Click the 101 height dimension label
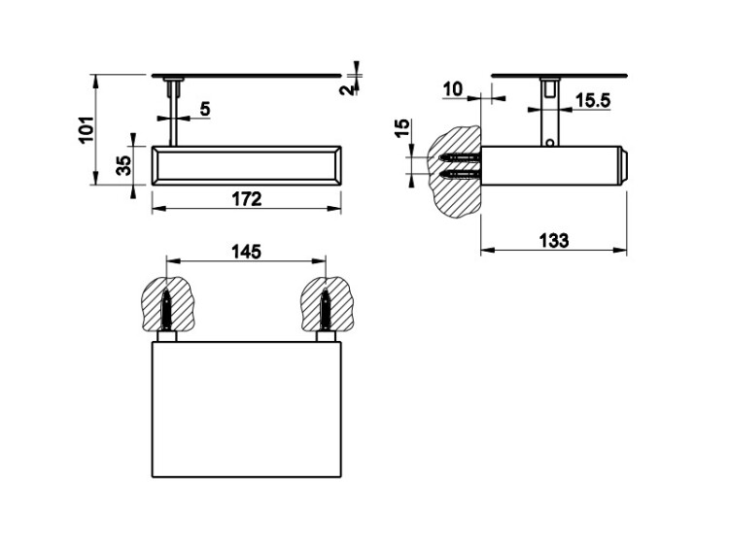coord(87,129)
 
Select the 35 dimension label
coord(123,165)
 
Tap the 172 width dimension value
coord(247,199)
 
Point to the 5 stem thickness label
coord(205,109)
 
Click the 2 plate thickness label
coord(346,89)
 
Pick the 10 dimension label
coord(453,88)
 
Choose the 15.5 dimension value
coord(593,100)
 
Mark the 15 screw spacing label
coord(403,128)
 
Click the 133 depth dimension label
coord(554,241)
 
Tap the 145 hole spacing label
coord(247,252)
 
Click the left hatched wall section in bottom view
coord(166,304)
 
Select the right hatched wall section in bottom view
coord(327,304)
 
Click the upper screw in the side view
coord(460,158)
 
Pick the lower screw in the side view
coord(460,175)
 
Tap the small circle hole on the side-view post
coord(549,143)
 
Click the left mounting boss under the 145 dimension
coord(166,336)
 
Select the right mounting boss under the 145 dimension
coord(327,336)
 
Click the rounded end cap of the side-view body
coord(623,166)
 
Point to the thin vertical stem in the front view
coord(173,114)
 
